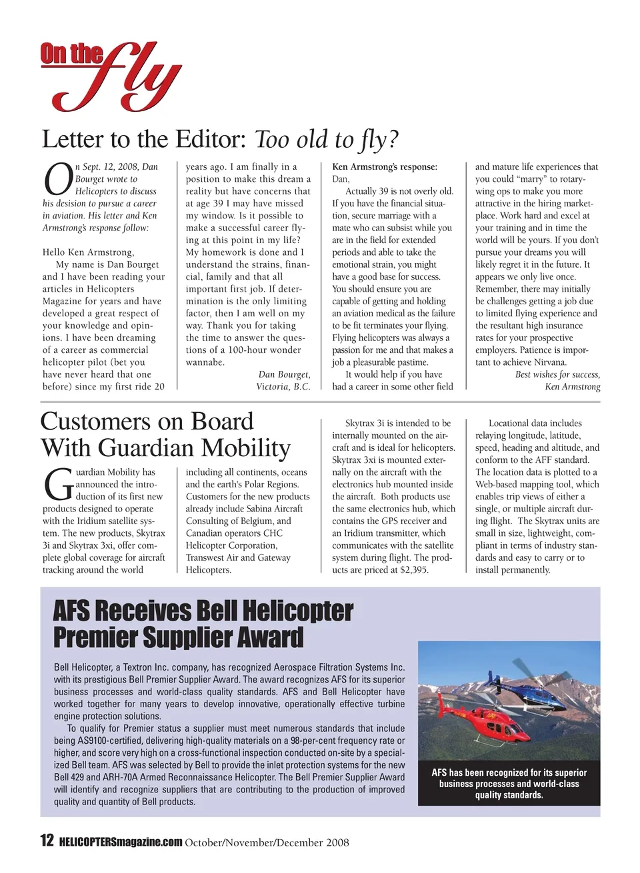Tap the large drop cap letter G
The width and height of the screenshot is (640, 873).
point(57,485)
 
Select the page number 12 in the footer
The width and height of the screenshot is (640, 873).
point(47,840)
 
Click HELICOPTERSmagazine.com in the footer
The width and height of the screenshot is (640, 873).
point(121,842)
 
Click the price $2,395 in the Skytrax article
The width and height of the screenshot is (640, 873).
point(414,570)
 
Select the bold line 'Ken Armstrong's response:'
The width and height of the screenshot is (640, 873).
point(385,167)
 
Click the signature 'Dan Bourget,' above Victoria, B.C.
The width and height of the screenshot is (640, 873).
point(284,374)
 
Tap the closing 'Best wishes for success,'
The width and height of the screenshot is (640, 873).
point(557,374)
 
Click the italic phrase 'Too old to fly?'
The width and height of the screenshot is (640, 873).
point(327,139)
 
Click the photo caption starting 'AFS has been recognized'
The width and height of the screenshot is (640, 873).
point(509,784)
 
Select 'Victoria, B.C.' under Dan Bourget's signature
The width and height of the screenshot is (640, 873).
point(283,387)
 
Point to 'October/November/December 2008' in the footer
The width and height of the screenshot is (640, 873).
point(267,842)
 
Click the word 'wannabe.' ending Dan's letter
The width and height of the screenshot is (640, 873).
point(205,362)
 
